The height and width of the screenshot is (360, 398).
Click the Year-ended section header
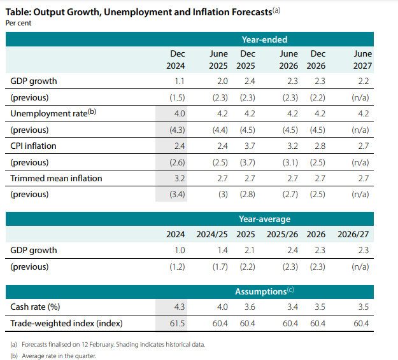[x=264, y=39]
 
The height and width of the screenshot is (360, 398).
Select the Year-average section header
[x=264, y=219]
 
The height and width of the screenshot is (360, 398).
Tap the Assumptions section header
[x=264, y=291]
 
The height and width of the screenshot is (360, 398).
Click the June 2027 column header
[x=362, y=60]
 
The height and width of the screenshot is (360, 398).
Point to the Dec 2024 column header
[x=175, y=60]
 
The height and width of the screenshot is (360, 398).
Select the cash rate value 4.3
[x=179, y=307]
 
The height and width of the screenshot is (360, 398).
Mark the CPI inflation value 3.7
[x=249, y=146]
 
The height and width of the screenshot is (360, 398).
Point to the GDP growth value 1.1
[x=179, y=81]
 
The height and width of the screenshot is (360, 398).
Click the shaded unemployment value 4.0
[x=179, y=113]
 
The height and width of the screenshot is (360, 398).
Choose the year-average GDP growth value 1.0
[x=179, y=251]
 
